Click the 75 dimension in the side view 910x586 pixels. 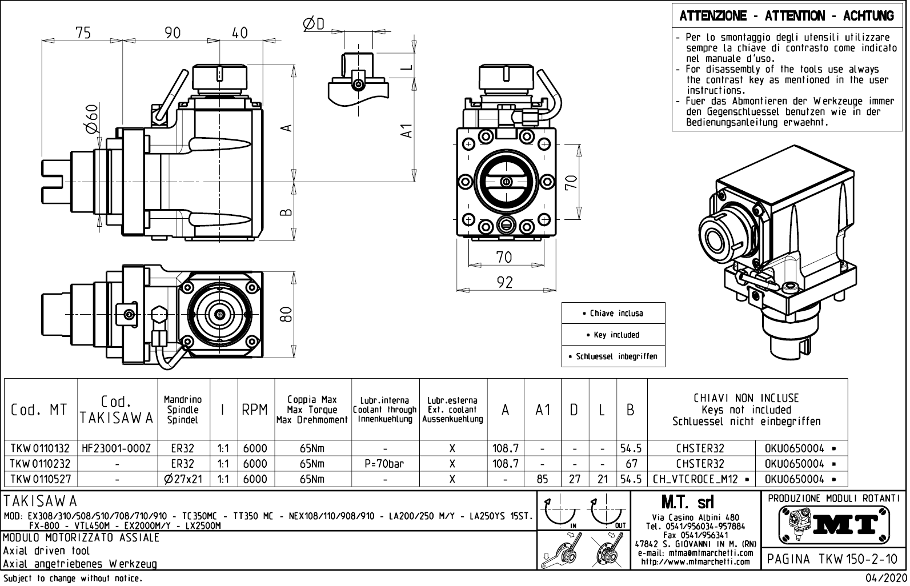point(83,33)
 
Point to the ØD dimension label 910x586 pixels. point(313,23)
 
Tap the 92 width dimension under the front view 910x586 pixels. point(504,282)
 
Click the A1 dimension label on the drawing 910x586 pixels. point(406,131)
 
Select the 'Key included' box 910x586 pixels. point(613,335)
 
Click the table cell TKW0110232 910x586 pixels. point(39,464)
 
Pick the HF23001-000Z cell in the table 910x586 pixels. point(117,449)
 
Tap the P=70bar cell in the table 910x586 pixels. point(385,464)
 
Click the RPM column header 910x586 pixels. point(254,410)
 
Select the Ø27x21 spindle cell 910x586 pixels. point(183,479)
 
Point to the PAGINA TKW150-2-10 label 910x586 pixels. point(832,559)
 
